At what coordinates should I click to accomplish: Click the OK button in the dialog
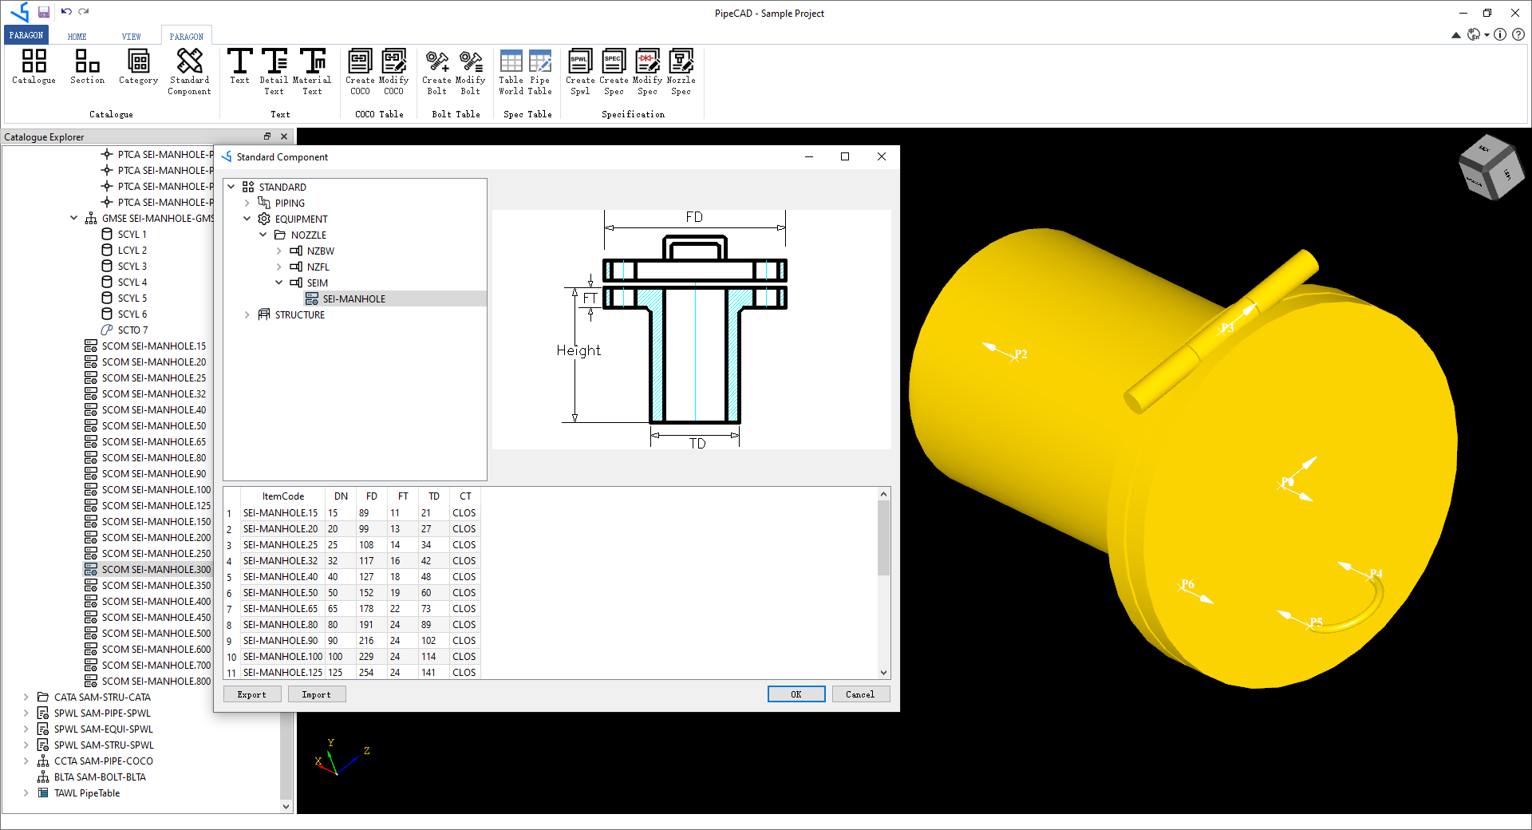click(x=796, y=694)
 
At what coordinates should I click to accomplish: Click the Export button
click(x=251, y=694)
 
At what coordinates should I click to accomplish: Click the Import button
click(x=316, y=694)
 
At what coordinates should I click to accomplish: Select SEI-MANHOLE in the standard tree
click(x=353, y=298)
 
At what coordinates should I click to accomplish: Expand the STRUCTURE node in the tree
click(x=247, y=315)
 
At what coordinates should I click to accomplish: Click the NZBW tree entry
click(x=320, y=251)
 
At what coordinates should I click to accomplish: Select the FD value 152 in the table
click(x=366, y=593)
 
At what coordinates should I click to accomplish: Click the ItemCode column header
click(x=282, y=496)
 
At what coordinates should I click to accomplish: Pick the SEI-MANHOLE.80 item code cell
click(x=280, y=625)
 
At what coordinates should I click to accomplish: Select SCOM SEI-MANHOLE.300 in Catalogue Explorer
click(x=156, y=569)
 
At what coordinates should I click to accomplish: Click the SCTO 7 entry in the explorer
click(x=132, y=330)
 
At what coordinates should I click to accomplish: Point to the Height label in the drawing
click(x=578, y=350)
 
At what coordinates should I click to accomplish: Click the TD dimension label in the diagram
click(x=697, y=444)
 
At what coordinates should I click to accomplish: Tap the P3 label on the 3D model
click(x=1227, y=328)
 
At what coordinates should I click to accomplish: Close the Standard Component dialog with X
click(x=881, y=156)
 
